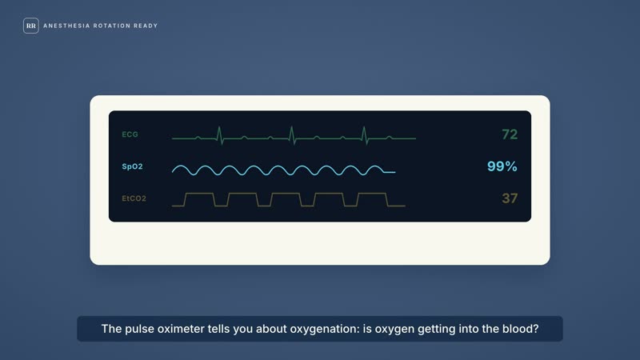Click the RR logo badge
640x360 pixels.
[31, 26]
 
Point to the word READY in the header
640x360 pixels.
[146, 26]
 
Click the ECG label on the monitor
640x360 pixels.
[130, 134]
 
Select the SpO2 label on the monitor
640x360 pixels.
[132, 166]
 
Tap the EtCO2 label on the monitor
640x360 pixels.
[134, 198]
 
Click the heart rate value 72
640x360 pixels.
[510, 134]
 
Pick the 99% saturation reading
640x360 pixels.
[502, 166]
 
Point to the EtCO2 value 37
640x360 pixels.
[510, 198]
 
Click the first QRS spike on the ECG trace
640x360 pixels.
[220, 135]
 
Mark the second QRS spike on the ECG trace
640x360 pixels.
[292, 135]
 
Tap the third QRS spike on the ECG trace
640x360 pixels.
[365, 135]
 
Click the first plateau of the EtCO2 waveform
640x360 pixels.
[199, 194]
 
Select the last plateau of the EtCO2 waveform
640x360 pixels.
[372, 194]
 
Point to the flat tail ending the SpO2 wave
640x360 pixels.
[390, 172]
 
